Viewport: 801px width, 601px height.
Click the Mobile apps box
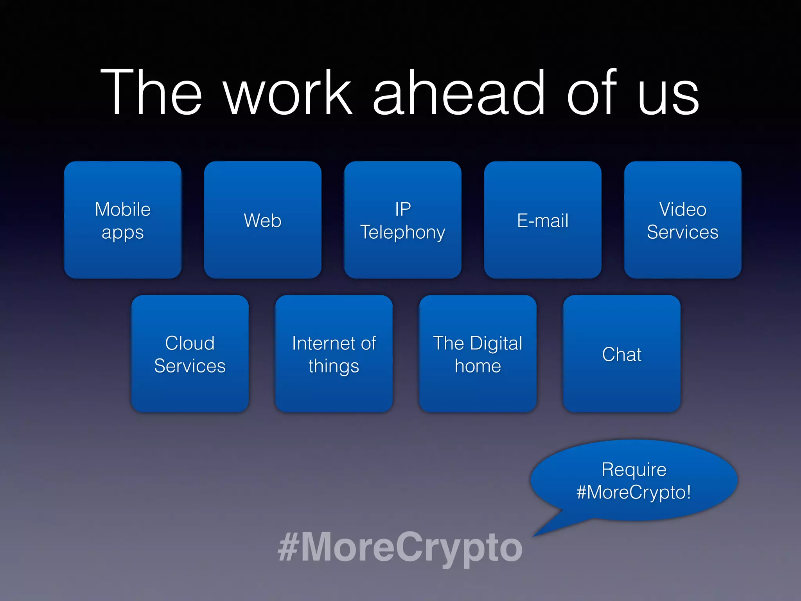pyautogui.click(x=123, y=220)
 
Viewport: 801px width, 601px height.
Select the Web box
pyautogui.click(x=263, y=220)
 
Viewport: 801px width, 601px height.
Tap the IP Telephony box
pyautogui.click(x=403, y=220)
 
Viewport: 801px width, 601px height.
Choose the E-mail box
pyautogui.click(x=543, y=220)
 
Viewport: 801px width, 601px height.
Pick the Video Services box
pyautogui.click(x=683, y=220)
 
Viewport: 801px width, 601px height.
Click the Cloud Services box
pyautogui.click(x=190, y=354)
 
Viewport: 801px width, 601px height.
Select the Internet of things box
pyautogui.click(x=334, y=354)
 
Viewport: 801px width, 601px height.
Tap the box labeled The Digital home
pyautogui.click(x=478, y=354)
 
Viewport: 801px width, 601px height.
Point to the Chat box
pyautogui.click(x=622, y=354)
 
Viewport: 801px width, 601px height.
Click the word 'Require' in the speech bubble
pyautogui.click(x=634, y=470)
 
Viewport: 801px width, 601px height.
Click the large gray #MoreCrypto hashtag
pyautogui.click(x=400, y=547)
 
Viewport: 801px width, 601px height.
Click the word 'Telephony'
pyautogui.click(x=403, y=232)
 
